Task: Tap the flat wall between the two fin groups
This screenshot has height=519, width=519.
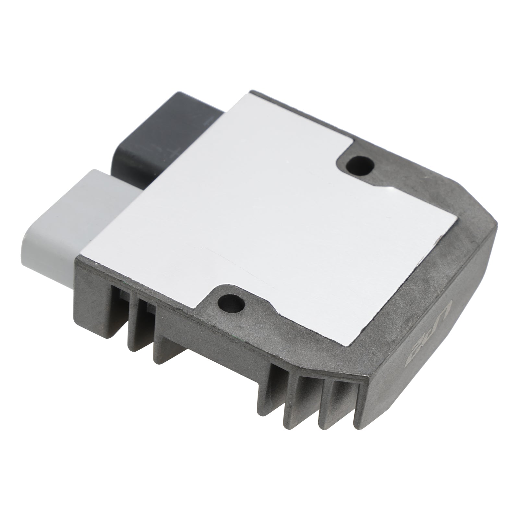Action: click(x=211, y=357)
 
